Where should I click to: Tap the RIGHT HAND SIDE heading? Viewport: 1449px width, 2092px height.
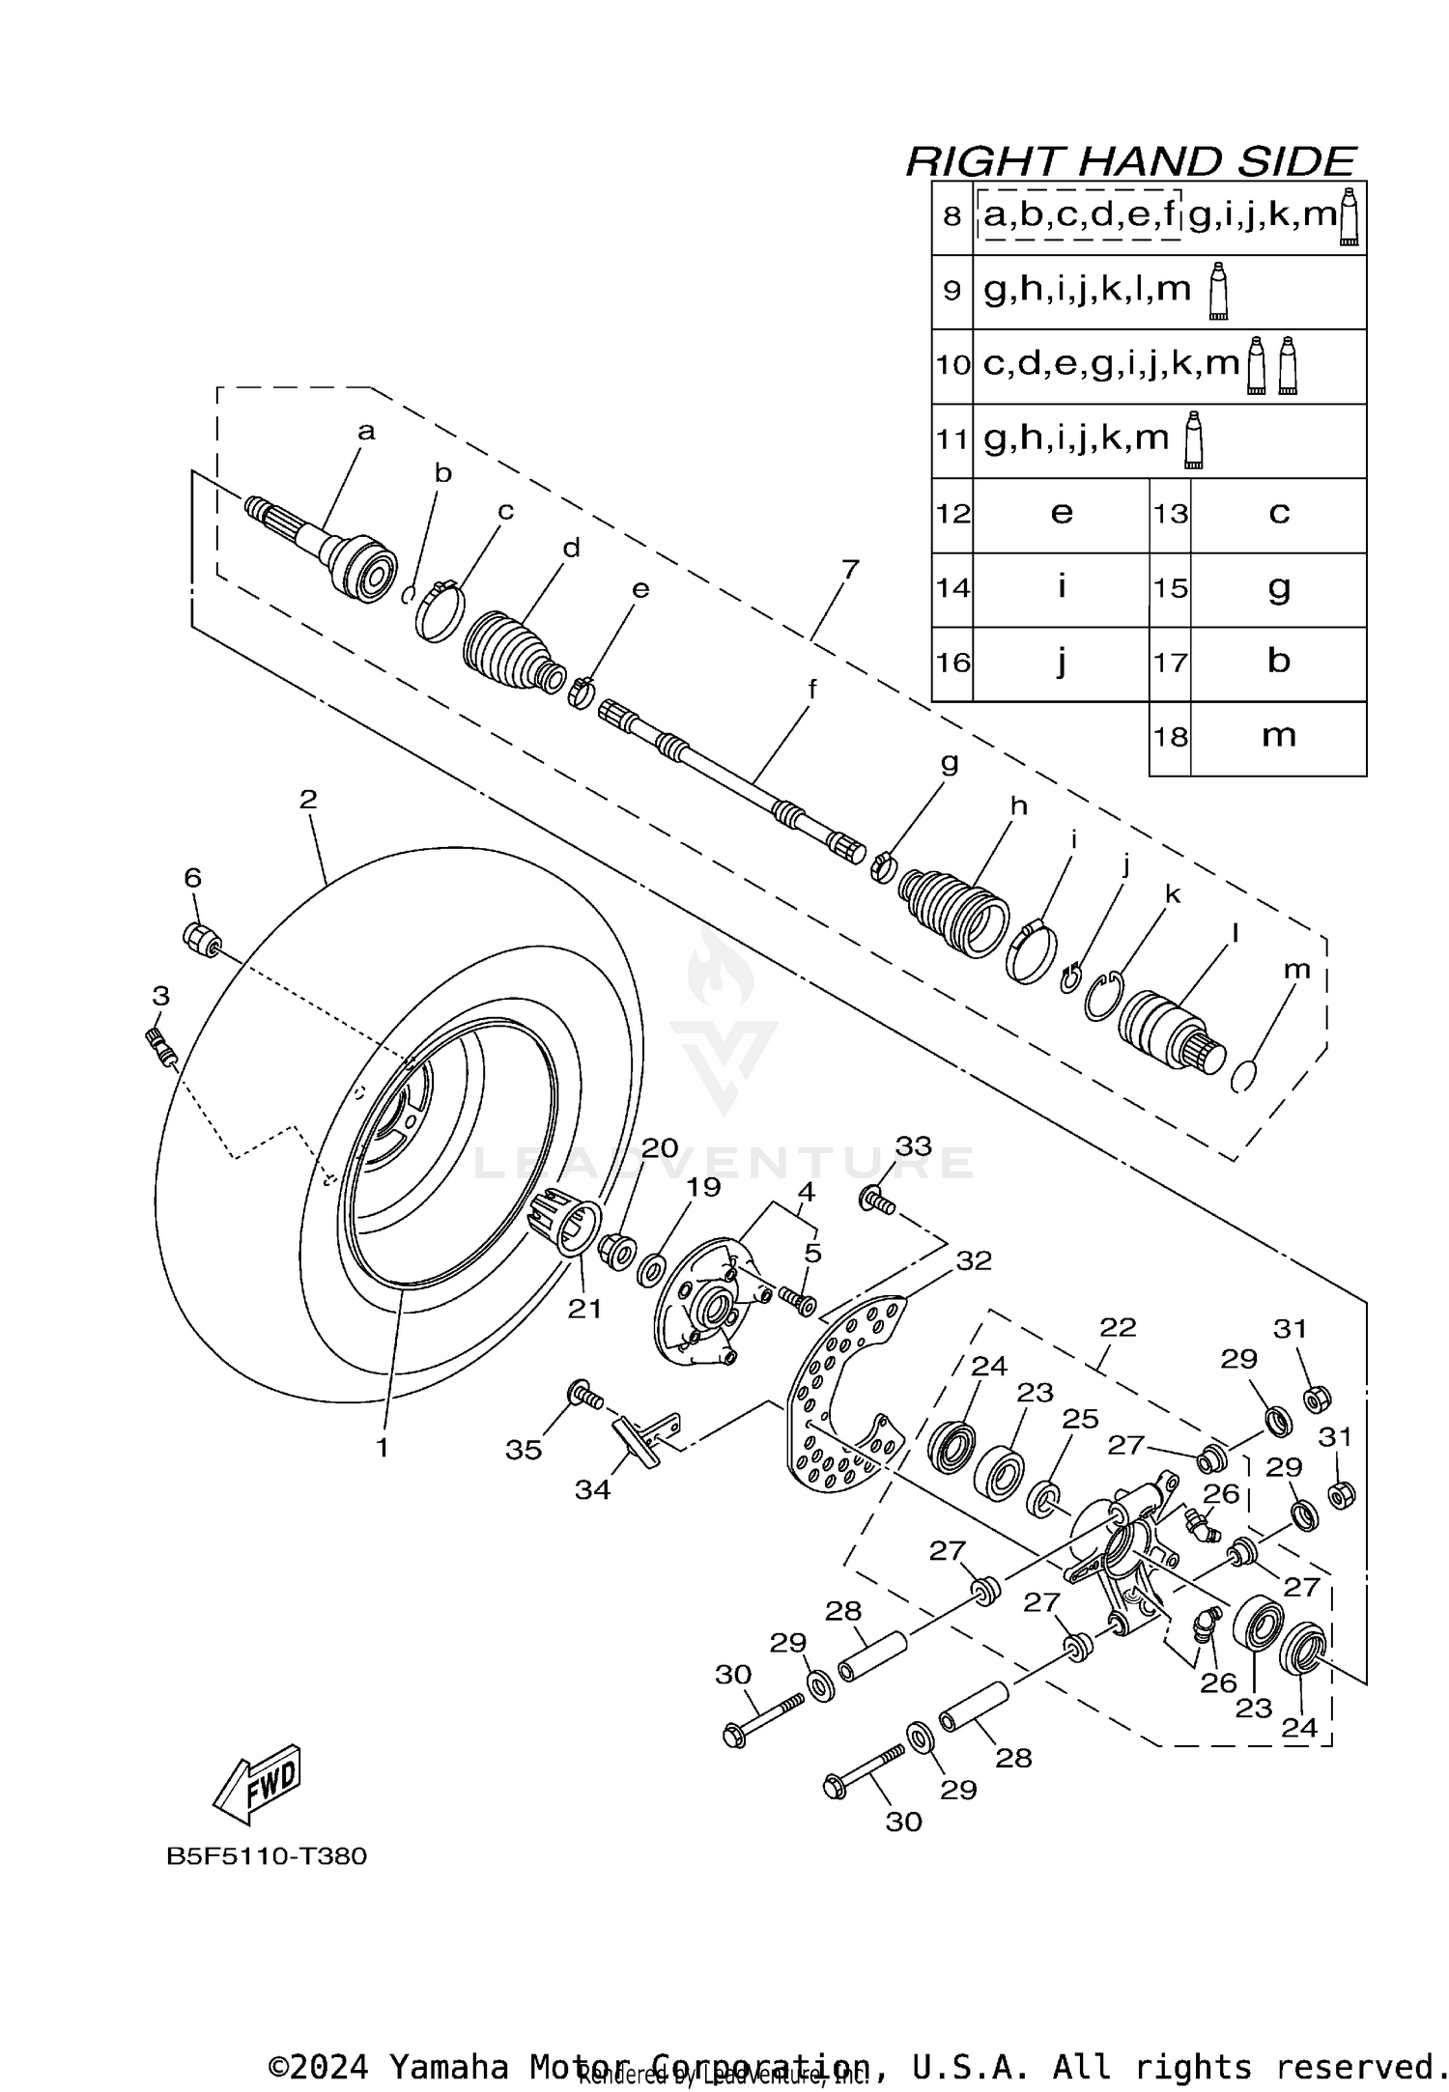(x=1131, y=161)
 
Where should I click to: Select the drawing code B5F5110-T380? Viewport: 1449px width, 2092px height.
(x=267, y=1856)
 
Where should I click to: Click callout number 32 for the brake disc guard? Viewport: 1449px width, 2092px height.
(x=974, y=1260)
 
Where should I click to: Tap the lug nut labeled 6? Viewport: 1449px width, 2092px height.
(x=201, y=938)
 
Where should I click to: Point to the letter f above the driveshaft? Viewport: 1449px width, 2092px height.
(x=812, y=690)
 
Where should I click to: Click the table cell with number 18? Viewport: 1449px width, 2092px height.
(x=1170, y=737)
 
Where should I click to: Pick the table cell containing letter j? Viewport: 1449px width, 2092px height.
(x=1061, y=663)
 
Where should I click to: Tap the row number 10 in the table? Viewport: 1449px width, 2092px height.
(x=952, y=365)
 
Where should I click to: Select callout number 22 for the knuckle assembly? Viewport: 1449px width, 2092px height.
(x=1118, y=1327)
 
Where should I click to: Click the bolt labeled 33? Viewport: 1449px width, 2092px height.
(x=877, y=1201)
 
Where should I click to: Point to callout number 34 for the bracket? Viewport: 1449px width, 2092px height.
(x=592, y=1489)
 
